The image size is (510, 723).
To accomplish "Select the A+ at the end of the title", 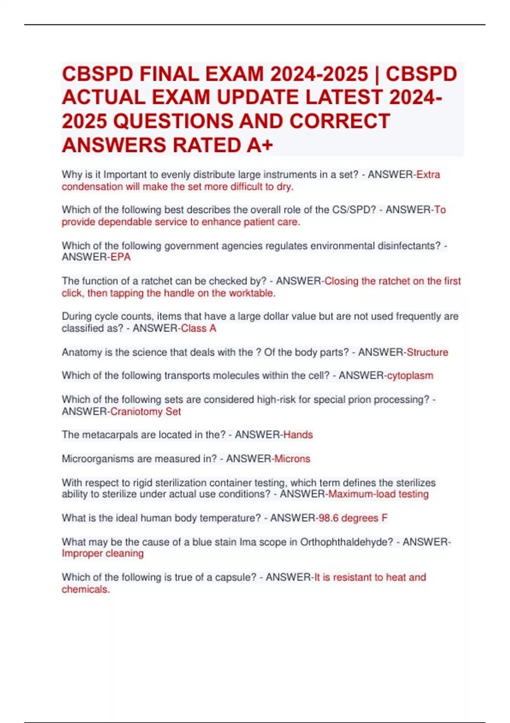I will coord(259,145).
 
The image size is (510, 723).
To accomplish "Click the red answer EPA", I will coord(120,257).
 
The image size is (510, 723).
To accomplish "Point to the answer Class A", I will coord(198,328).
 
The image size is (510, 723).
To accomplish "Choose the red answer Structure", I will coord(427,352).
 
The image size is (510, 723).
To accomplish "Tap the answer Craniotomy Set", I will coord(145,412).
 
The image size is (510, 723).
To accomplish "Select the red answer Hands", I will coord(298,435).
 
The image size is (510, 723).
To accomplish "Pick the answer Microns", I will coord(292,459).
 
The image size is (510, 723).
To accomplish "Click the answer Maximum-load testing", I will coord(378,494).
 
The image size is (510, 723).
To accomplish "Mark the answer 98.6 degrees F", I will coord(353,518).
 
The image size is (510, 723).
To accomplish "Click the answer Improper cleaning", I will coord(102,553).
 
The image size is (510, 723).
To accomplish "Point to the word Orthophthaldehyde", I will coord(346,542).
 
